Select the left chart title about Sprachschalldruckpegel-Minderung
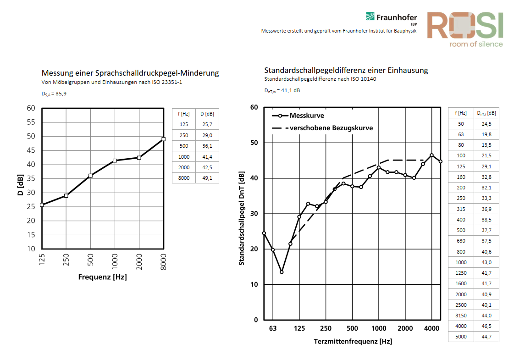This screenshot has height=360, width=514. (x=130, y=73)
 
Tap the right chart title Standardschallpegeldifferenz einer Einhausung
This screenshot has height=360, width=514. (x=346, y=70)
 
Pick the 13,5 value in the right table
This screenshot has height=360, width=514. (x=486, y=145)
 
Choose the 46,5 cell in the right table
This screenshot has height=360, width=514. (x=486, y=326)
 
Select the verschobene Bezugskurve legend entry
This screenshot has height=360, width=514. (x=323, y=128)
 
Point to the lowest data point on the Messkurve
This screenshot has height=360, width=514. (x=282, y=272)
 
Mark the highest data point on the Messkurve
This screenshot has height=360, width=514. (x=431, y=155)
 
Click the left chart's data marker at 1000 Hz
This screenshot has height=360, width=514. (x=115, y=161)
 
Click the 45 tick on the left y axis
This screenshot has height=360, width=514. (x=31, y=150)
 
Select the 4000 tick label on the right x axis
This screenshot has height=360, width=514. (x=431, y=328)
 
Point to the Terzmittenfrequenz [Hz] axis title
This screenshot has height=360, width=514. (x=353, y=342)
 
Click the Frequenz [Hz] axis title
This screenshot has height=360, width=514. (x=102, y=277)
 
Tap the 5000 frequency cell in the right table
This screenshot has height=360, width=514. (x=461, y=337)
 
